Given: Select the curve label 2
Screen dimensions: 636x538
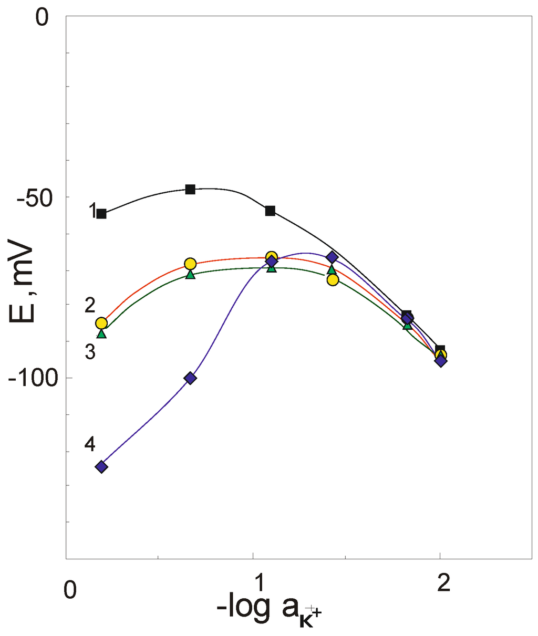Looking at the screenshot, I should point(90,305).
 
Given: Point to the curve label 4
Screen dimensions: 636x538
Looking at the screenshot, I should point(90,444).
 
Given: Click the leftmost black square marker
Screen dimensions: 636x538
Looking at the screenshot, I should point(101,214).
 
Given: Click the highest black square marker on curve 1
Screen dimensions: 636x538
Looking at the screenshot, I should point(190,189).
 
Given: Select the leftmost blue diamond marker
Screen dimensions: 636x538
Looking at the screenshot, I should point(101,466).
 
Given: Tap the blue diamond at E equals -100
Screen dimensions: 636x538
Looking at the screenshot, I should point(190,378).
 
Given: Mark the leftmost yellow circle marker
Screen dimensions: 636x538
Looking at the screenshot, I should point(101,323).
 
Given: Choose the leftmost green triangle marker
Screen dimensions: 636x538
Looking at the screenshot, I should point(101,333).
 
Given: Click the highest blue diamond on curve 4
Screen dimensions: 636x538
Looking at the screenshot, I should point(332,257).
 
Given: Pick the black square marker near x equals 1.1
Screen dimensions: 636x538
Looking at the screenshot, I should point(270,211).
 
